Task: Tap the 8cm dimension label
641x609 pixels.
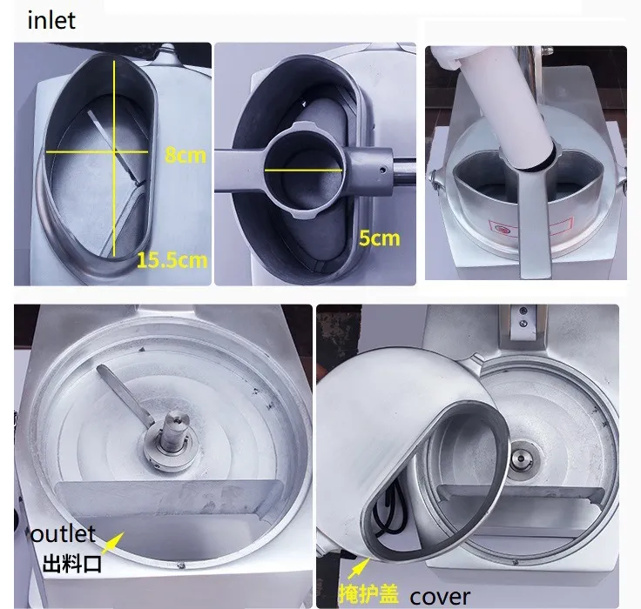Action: [x=185, y=155]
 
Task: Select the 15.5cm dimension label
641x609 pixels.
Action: [x=171, y=259]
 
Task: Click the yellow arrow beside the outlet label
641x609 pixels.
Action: [x=114, y=544]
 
